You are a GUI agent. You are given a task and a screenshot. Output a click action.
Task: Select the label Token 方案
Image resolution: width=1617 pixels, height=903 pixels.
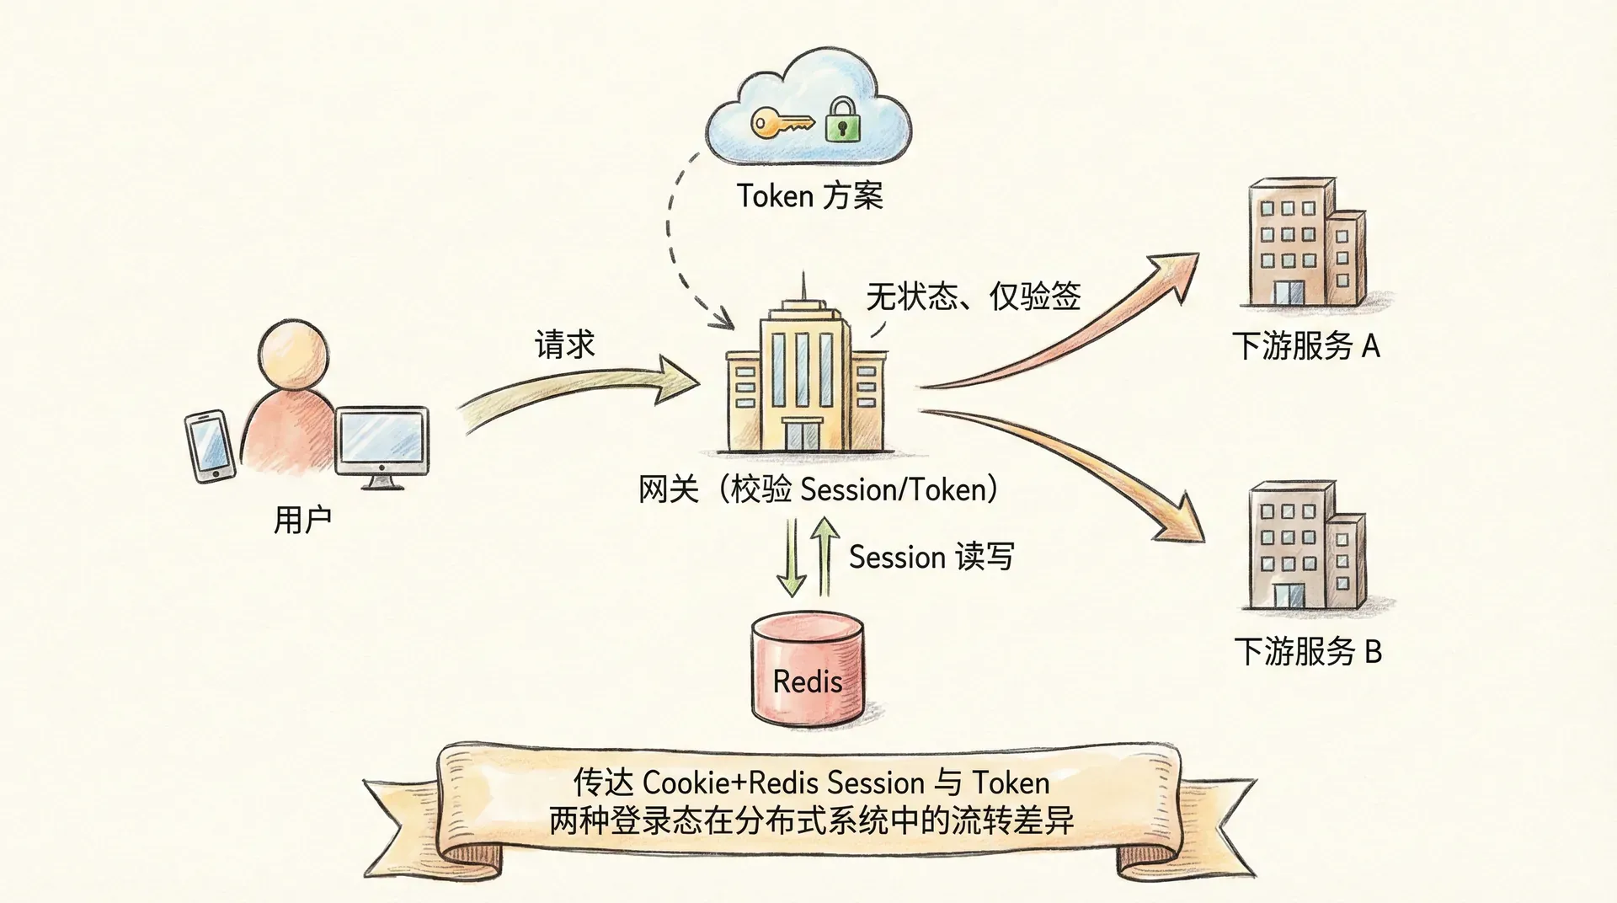point(809,196)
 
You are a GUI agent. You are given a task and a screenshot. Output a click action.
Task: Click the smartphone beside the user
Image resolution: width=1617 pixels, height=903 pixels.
point(210,446)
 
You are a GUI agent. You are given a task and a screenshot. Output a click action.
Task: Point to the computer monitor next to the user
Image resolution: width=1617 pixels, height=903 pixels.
point(382,441)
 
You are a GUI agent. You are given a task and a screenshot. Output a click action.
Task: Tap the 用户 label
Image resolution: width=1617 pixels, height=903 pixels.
point(302,519)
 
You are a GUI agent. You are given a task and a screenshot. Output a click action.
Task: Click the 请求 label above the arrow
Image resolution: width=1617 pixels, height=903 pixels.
point(565,344)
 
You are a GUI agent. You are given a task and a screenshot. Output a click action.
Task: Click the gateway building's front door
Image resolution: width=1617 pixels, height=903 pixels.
point(802,433)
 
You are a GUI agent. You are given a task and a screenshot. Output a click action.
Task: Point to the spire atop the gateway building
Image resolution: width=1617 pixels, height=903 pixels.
point(803,286)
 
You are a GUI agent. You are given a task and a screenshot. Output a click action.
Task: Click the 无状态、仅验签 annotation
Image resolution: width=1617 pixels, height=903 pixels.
point(973,297)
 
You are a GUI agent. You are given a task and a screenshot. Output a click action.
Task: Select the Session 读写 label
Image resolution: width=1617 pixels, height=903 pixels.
point(931,557)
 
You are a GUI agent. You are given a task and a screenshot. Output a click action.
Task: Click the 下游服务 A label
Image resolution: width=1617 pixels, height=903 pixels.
point(1305,346)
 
